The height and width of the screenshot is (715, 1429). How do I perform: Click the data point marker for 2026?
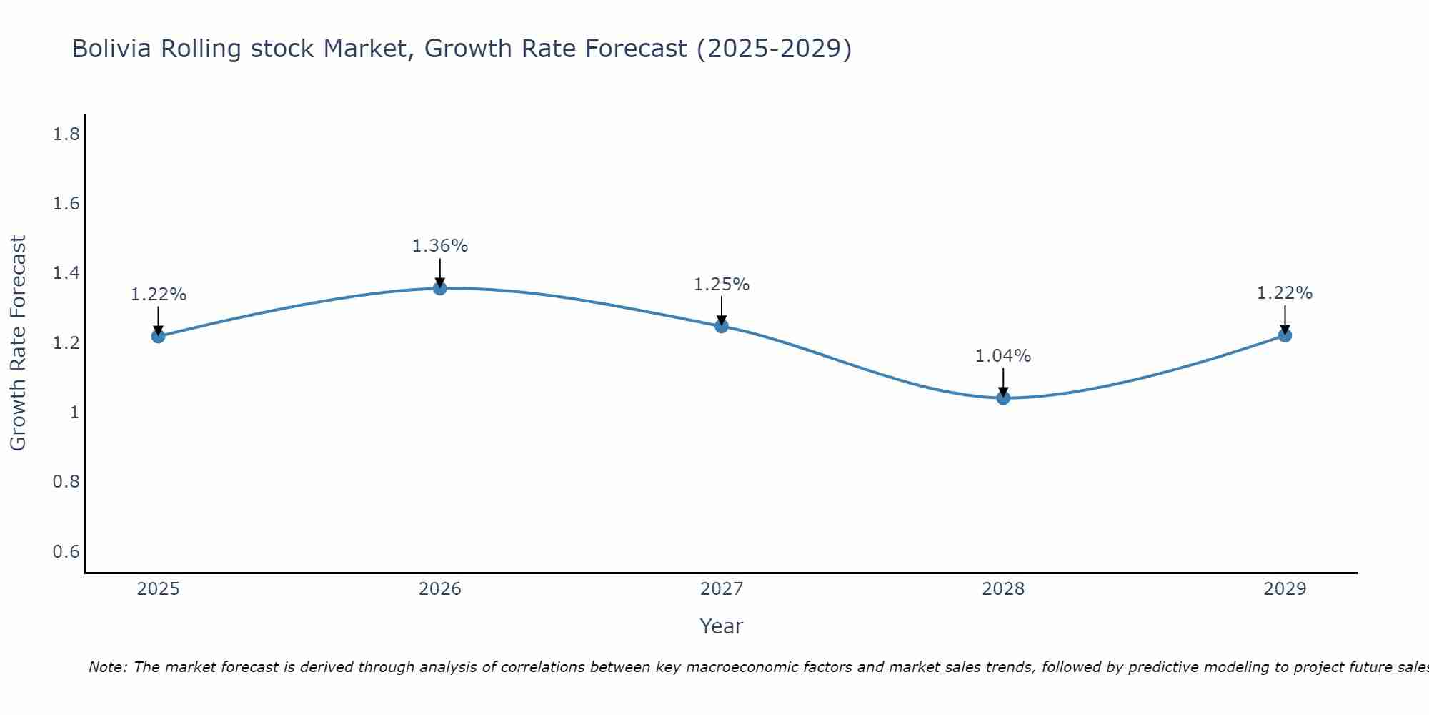(440, 288)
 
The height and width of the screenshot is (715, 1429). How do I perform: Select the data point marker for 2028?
(1003, 398)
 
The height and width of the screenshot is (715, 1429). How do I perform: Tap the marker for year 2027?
(722, 326)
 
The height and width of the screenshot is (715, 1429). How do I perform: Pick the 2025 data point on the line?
(159, 336)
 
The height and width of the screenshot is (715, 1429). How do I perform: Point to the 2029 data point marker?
(1285, 335)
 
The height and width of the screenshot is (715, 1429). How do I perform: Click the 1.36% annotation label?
(440, 246)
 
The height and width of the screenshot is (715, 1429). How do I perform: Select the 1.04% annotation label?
(1003, 356)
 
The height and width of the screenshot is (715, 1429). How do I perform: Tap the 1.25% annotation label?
(722, 285)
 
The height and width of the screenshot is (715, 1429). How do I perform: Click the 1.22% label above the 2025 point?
(159, 295)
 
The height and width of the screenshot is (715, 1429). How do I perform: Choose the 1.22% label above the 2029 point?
(1285, 293)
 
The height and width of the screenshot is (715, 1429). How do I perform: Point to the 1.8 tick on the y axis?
(66, 134)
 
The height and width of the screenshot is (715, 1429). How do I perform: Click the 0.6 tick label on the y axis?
(66, 552)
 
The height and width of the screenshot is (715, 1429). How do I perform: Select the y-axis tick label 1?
(74, 413)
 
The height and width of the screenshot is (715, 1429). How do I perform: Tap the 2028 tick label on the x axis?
(1003, 589)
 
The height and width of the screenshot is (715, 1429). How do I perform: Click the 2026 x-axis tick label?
(440, 589)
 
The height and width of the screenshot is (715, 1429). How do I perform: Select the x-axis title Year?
(722, 626)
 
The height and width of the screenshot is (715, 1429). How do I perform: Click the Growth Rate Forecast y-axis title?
(19, 343)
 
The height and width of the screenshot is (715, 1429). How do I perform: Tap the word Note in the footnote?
(106, 667)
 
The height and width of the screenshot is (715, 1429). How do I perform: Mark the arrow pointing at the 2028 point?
(1003, 383)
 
